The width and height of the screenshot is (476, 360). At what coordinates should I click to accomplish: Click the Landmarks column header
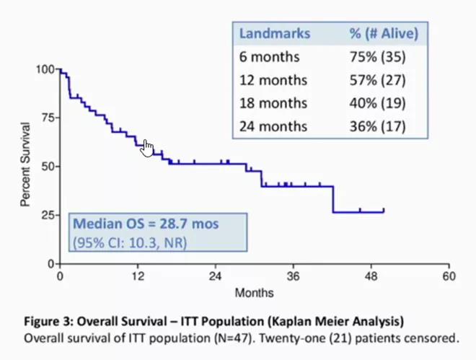pyautogui.click(x=275, y=33)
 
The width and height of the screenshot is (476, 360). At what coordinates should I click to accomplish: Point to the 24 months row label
pyautogui.click(x=273, y=126)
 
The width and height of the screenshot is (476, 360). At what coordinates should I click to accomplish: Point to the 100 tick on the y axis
pyautogui.click(x=45, y=69)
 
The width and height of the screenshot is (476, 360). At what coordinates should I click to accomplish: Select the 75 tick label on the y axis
pyautogui.click(x=48, y=118)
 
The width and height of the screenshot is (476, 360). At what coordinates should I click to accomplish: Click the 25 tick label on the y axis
pyautogui.click(x=48, y=215)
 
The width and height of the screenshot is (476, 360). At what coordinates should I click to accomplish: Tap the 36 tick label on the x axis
pyautogui.click(x=294, y=276)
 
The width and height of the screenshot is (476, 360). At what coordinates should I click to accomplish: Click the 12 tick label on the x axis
pyautogui.click(x=138, y=276)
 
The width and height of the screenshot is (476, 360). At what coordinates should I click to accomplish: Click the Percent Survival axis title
pyautogui.click(x=25, y=165)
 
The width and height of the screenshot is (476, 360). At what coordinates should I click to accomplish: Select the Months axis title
pyautogui.click(x=254, y=293)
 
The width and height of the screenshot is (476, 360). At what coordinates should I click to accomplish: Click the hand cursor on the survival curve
pyautogui.click(x=147, y=148)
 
